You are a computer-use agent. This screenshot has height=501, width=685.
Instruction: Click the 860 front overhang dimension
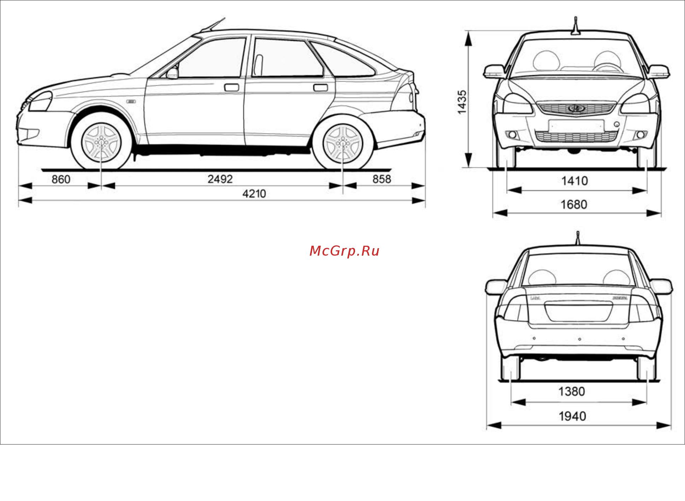tap(61, 179)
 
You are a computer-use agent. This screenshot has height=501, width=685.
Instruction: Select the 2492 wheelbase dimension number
tap(220, 179)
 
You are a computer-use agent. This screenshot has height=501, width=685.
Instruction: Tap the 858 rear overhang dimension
tap(382, 179)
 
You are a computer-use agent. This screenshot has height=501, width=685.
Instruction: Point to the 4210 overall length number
tap(254, 193)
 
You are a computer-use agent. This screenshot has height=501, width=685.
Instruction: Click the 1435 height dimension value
tap(462, 102)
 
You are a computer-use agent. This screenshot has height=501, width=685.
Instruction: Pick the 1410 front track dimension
tap(574, 181)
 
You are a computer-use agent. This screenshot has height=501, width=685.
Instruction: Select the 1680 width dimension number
tap(574, 204)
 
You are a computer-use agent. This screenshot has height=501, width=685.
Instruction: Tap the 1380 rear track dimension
tap(572, 392)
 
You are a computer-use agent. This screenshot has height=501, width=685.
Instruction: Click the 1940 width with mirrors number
tap(572, 416)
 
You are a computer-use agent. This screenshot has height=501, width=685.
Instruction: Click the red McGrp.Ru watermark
tap(344, 251)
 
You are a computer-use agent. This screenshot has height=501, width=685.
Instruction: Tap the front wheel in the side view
tap(101, 142)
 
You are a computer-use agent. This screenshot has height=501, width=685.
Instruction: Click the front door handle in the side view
tap(231, 87)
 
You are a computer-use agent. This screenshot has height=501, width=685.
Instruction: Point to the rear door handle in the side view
tap(320, 87)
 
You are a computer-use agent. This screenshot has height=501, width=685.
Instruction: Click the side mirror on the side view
tap(172, 73)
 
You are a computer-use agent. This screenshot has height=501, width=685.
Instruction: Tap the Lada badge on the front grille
tap(577, 108)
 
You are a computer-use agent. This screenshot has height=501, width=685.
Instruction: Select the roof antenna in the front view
tap(575, 26)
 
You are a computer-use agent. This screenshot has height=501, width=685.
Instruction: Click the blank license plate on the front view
tap(576, 126)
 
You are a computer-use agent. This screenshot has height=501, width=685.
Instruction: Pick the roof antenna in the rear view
tap(578, 238)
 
